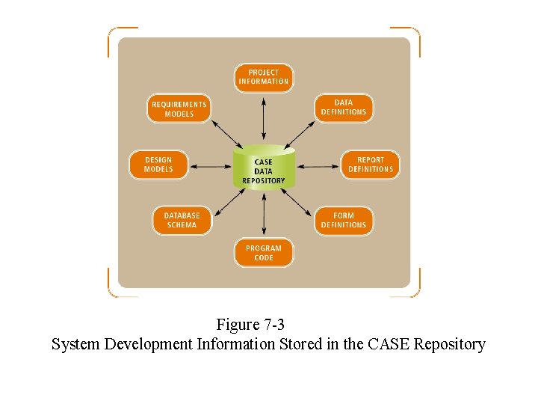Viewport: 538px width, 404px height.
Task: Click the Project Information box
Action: pyautogui.click(x=264, y=77)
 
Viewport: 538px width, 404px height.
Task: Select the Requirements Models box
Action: pyautogui.click(x=179, y=109)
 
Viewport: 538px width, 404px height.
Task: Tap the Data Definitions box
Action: pyautogui.click(x=344, y=108)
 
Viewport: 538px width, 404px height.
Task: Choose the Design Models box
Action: pyautogui.click(x=158, y=165)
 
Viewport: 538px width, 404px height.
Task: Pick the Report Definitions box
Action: pyautogui.click(x=370, y=165)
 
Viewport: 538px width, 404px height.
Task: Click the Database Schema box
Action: pyautogui.click(x=182, y=221)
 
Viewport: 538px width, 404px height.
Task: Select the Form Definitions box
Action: pyautogui.click(x=344, y=221)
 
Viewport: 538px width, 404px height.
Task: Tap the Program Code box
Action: pyautogui.click(x=264, y=253)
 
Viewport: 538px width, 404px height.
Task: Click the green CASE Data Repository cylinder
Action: pyautogui.click(x=264, y=169)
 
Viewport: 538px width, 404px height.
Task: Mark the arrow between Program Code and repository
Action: pyautogui.click(x=264, y=214)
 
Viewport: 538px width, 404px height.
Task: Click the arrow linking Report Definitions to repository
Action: pyautogui.click(x=317, y=165)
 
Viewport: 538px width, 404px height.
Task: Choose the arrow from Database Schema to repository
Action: pyautogui.click(x=227, y=201)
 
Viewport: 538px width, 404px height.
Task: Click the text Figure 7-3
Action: pyautogui.click(x=250, y=325)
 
